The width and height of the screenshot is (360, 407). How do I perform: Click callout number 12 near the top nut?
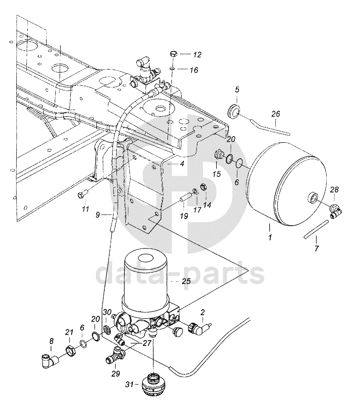197,55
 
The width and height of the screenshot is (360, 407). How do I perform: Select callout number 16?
194,70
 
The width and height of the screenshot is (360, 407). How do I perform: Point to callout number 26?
276,114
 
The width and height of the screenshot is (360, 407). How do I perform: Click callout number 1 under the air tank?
270,238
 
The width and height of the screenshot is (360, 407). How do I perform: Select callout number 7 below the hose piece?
317,249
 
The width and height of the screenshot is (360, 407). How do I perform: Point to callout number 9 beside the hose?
98,215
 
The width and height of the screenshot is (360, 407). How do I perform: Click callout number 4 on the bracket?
182,164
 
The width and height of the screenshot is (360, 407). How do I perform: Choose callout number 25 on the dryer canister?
186,281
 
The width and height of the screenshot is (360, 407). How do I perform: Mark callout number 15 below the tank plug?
216,174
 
